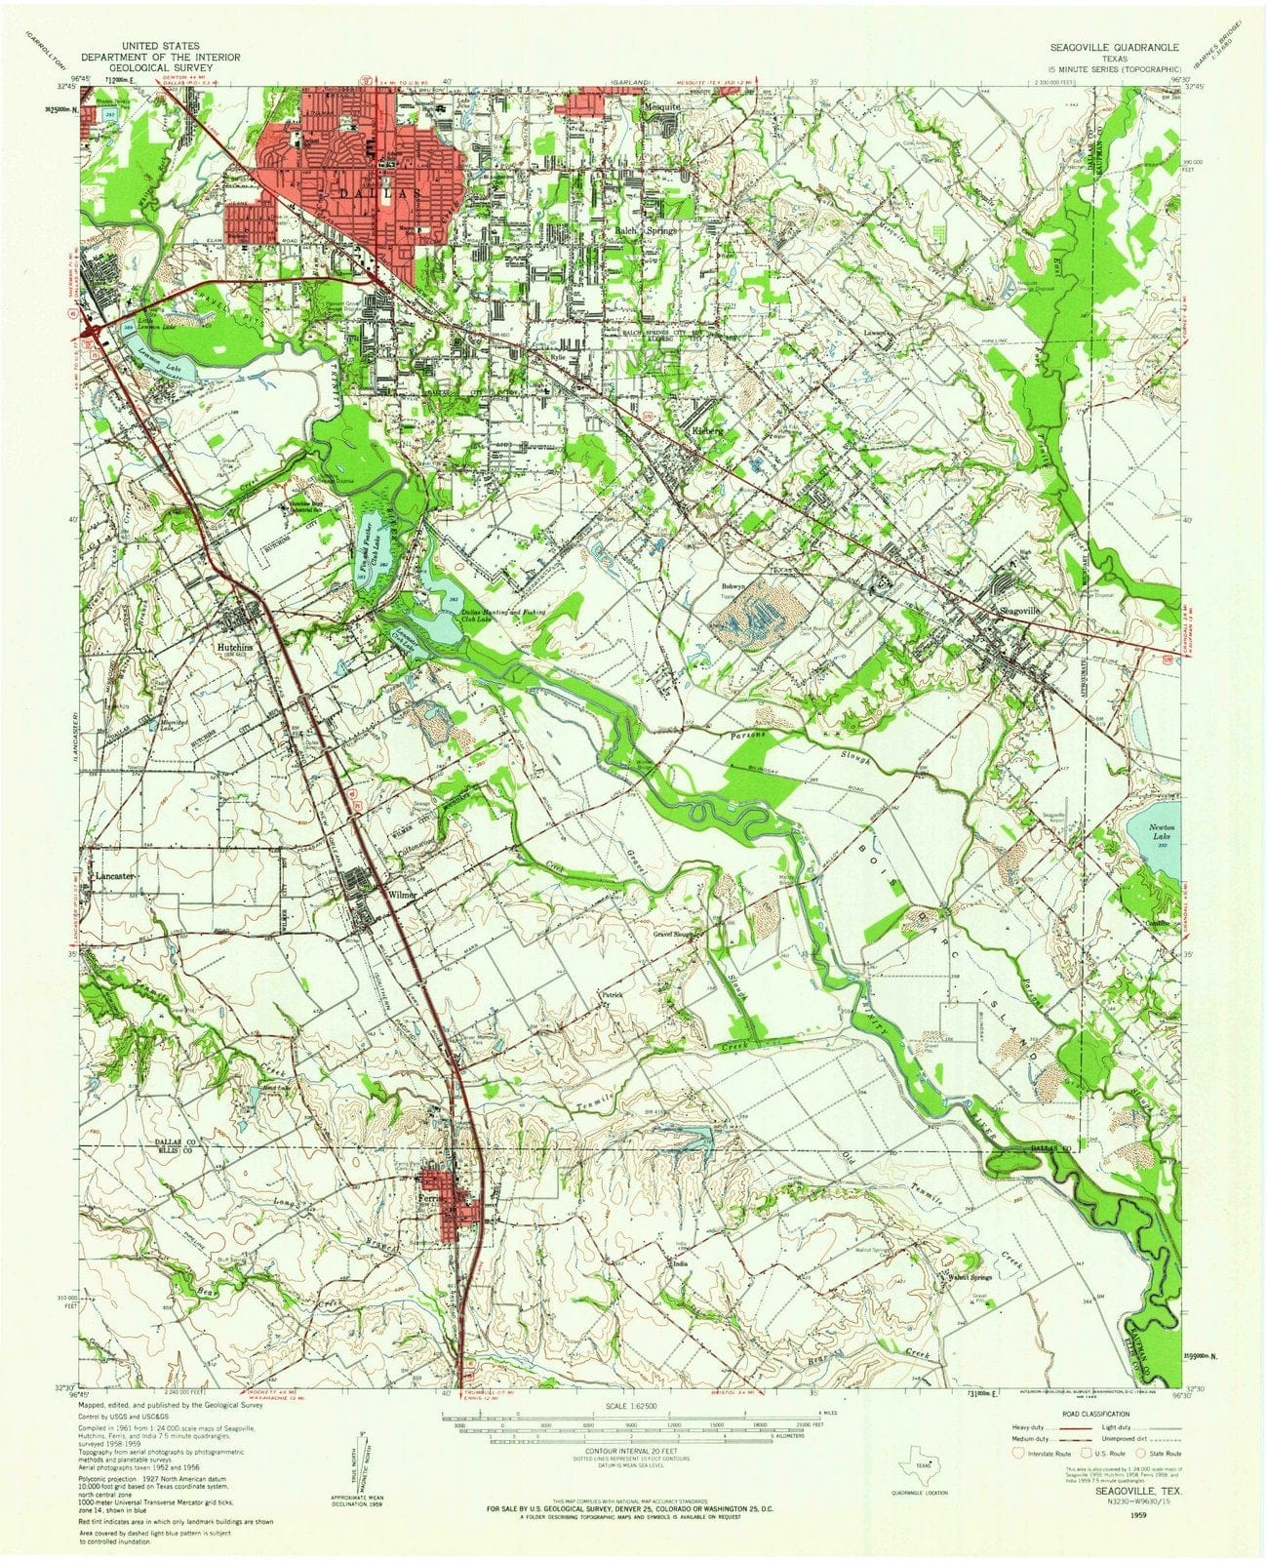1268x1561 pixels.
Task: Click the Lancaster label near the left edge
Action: [115, 877]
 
